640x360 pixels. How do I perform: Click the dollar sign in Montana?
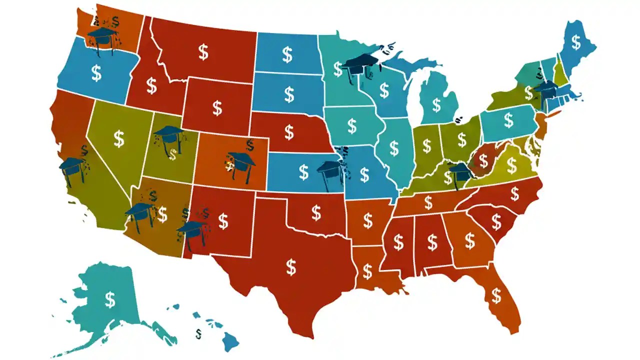203,52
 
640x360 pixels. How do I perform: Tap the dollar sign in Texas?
291,267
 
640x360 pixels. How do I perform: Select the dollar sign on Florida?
496,295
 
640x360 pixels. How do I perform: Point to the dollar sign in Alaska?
110,299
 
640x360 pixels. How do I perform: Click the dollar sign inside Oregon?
96,73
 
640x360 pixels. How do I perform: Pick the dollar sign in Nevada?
119,138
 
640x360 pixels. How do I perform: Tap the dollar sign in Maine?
576,43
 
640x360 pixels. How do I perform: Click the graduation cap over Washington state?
102,36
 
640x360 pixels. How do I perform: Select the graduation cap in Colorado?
241,161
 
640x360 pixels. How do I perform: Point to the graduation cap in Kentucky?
460,172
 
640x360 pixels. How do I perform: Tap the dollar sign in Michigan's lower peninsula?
436,105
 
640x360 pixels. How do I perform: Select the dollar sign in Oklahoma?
316,213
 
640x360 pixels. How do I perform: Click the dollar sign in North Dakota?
287,54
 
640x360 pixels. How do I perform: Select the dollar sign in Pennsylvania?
508,120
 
